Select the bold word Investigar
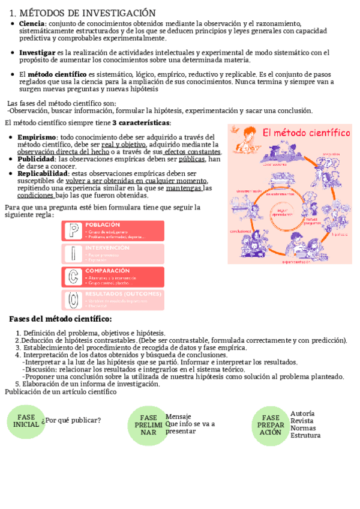(37, 53)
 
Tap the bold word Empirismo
(37, 137)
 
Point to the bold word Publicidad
(35, 159)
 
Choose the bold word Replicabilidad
(42, 173)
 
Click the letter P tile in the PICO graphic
(72, 231)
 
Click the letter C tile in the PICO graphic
(72, 276)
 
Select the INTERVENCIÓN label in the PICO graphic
(108, 247)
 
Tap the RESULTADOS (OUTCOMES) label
(124, 294)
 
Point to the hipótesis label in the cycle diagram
(340, 234)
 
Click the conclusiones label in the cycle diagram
(240, 231)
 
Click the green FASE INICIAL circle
(26, 421)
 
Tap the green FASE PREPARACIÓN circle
(271, 424)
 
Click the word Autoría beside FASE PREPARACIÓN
(302, 414)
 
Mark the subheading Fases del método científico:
(60, 319)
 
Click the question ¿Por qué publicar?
(73, 420)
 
